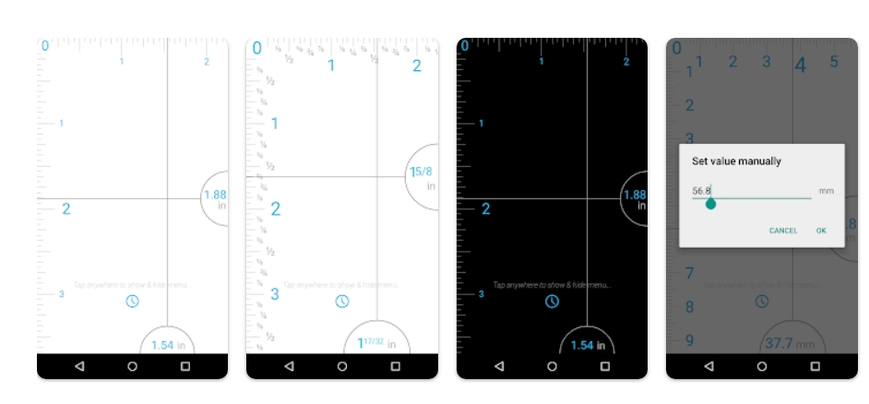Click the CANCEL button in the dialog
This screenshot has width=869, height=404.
[x=783, y=231]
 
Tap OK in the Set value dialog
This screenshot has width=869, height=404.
[x=821, y=231]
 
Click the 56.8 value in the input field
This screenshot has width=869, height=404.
[x=702, y=191]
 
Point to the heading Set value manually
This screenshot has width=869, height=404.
[x=736, y=161]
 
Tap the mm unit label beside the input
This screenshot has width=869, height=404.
[x=826, y=192]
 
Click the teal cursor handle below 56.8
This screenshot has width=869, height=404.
[x=710, y=204]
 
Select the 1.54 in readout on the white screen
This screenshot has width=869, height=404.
[x=167, y=345]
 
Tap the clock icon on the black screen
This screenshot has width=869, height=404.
[x=552, y=302]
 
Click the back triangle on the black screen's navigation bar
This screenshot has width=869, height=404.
[x=498, y=366]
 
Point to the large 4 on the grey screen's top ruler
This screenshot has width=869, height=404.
[x=800, y=65]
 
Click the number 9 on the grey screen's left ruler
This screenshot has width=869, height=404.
[x=688, y=340]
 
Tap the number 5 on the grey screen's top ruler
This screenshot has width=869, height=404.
[x=834, y=62]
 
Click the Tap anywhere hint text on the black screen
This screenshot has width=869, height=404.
[x=552, y=285]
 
